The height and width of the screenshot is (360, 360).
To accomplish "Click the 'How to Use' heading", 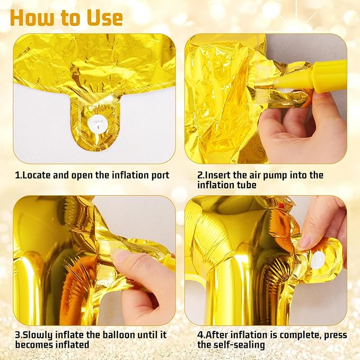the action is [67, 18].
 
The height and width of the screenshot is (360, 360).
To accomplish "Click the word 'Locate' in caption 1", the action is [37, 175].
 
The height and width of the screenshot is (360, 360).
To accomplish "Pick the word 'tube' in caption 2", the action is [246, 185].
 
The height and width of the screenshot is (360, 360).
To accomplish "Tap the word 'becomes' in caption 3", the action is [34, 345].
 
